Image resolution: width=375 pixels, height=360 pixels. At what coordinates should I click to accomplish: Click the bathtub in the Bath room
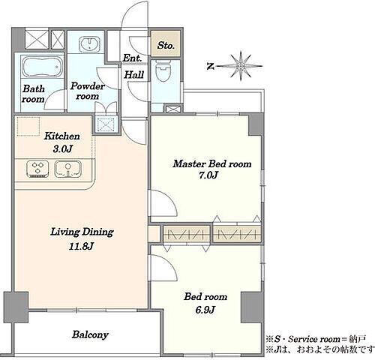[42, 67]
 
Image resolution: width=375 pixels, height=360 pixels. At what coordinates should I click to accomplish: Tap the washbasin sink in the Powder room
[89, 44]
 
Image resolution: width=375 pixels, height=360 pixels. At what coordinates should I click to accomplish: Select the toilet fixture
[163, 70]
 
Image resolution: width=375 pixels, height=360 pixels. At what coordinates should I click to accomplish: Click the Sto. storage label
[166, 46]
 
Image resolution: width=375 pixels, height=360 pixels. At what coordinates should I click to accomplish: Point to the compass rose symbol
[240, 66]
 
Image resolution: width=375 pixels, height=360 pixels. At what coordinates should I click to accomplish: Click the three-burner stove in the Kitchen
[37, 169]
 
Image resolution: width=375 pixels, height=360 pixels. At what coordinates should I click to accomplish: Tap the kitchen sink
[67, 169]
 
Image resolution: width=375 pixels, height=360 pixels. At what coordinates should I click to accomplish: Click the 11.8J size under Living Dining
[81, 247]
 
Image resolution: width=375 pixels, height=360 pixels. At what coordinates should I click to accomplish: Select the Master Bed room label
[212, 163]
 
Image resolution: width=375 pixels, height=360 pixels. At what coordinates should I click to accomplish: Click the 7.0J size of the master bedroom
[208, 175]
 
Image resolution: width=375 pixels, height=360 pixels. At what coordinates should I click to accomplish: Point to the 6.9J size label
[205, 310]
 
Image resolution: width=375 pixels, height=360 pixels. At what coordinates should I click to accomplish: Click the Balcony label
[90, 334]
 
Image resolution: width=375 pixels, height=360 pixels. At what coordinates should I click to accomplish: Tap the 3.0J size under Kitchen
[62, 149]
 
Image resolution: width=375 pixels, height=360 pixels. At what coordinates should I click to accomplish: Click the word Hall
[134, 74]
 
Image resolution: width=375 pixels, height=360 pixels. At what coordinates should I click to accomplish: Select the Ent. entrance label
[132, 58]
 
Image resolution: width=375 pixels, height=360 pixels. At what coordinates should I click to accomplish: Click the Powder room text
[88, 91]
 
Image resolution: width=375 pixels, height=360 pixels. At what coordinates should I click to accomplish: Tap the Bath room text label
[33, 94]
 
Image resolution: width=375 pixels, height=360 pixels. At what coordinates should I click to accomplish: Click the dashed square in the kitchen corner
[28, 127]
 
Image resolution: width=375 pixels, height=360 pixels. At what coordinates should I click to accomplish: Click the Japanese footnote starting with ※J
[320, 349]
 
